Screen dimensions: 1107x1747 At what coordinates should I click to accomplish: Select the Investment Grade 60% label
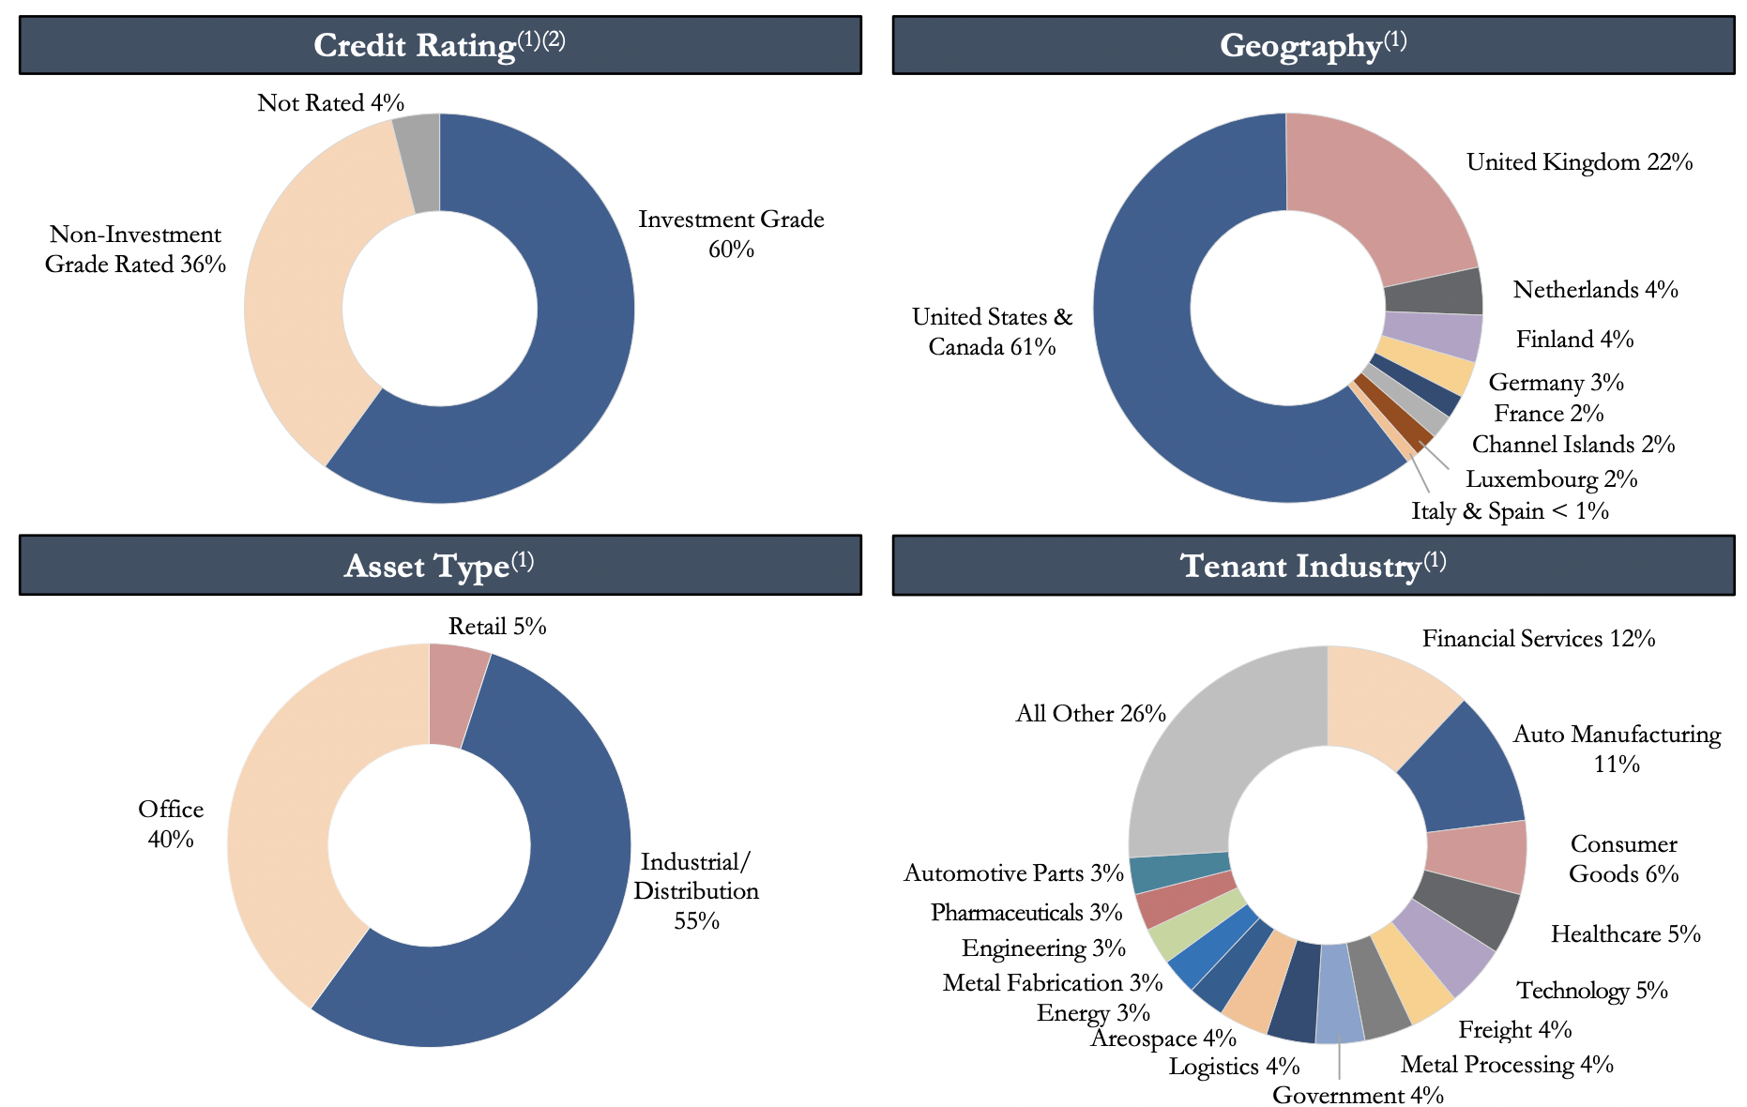coord(731,234)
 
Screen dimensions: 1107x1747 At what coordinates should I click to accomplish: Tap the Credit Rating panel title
coord(439,45)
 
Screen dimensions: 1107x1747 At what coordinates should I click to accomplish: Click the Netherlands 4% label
coord(1595,290)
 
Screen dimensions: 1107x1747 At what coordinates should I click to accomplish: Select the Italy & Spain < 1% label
coord(1510,511)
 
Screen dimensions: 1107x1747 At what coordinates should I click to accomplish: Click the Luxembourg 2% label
coord(1551,479)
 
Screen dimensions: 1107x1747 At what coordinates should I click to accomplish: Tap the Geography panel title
coord(1313,45)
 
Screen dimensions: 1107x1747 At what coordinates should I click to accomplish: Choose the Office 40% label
coord(171,824)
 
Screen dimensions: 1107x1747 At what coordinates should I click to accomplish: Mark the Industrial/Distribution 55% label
coord(695,890)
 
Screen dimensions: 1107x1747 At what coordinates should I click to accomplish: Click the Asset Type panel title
coord(439,566)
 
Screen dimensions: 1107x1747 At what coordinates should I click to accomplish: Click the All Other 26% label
coord(1090,714)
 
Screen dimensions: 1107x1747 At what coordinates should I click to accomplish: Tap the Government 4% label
coord(1358,1095)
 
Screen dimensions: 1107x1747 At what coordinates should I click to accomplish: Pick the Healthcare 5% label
coord(1625,934)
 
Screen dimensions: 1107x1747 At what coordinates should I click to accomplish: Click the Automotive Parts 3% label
coord(1013,873)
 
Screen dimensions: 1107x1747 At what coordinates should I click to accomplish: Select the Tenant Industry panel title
coord(1313,566)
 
